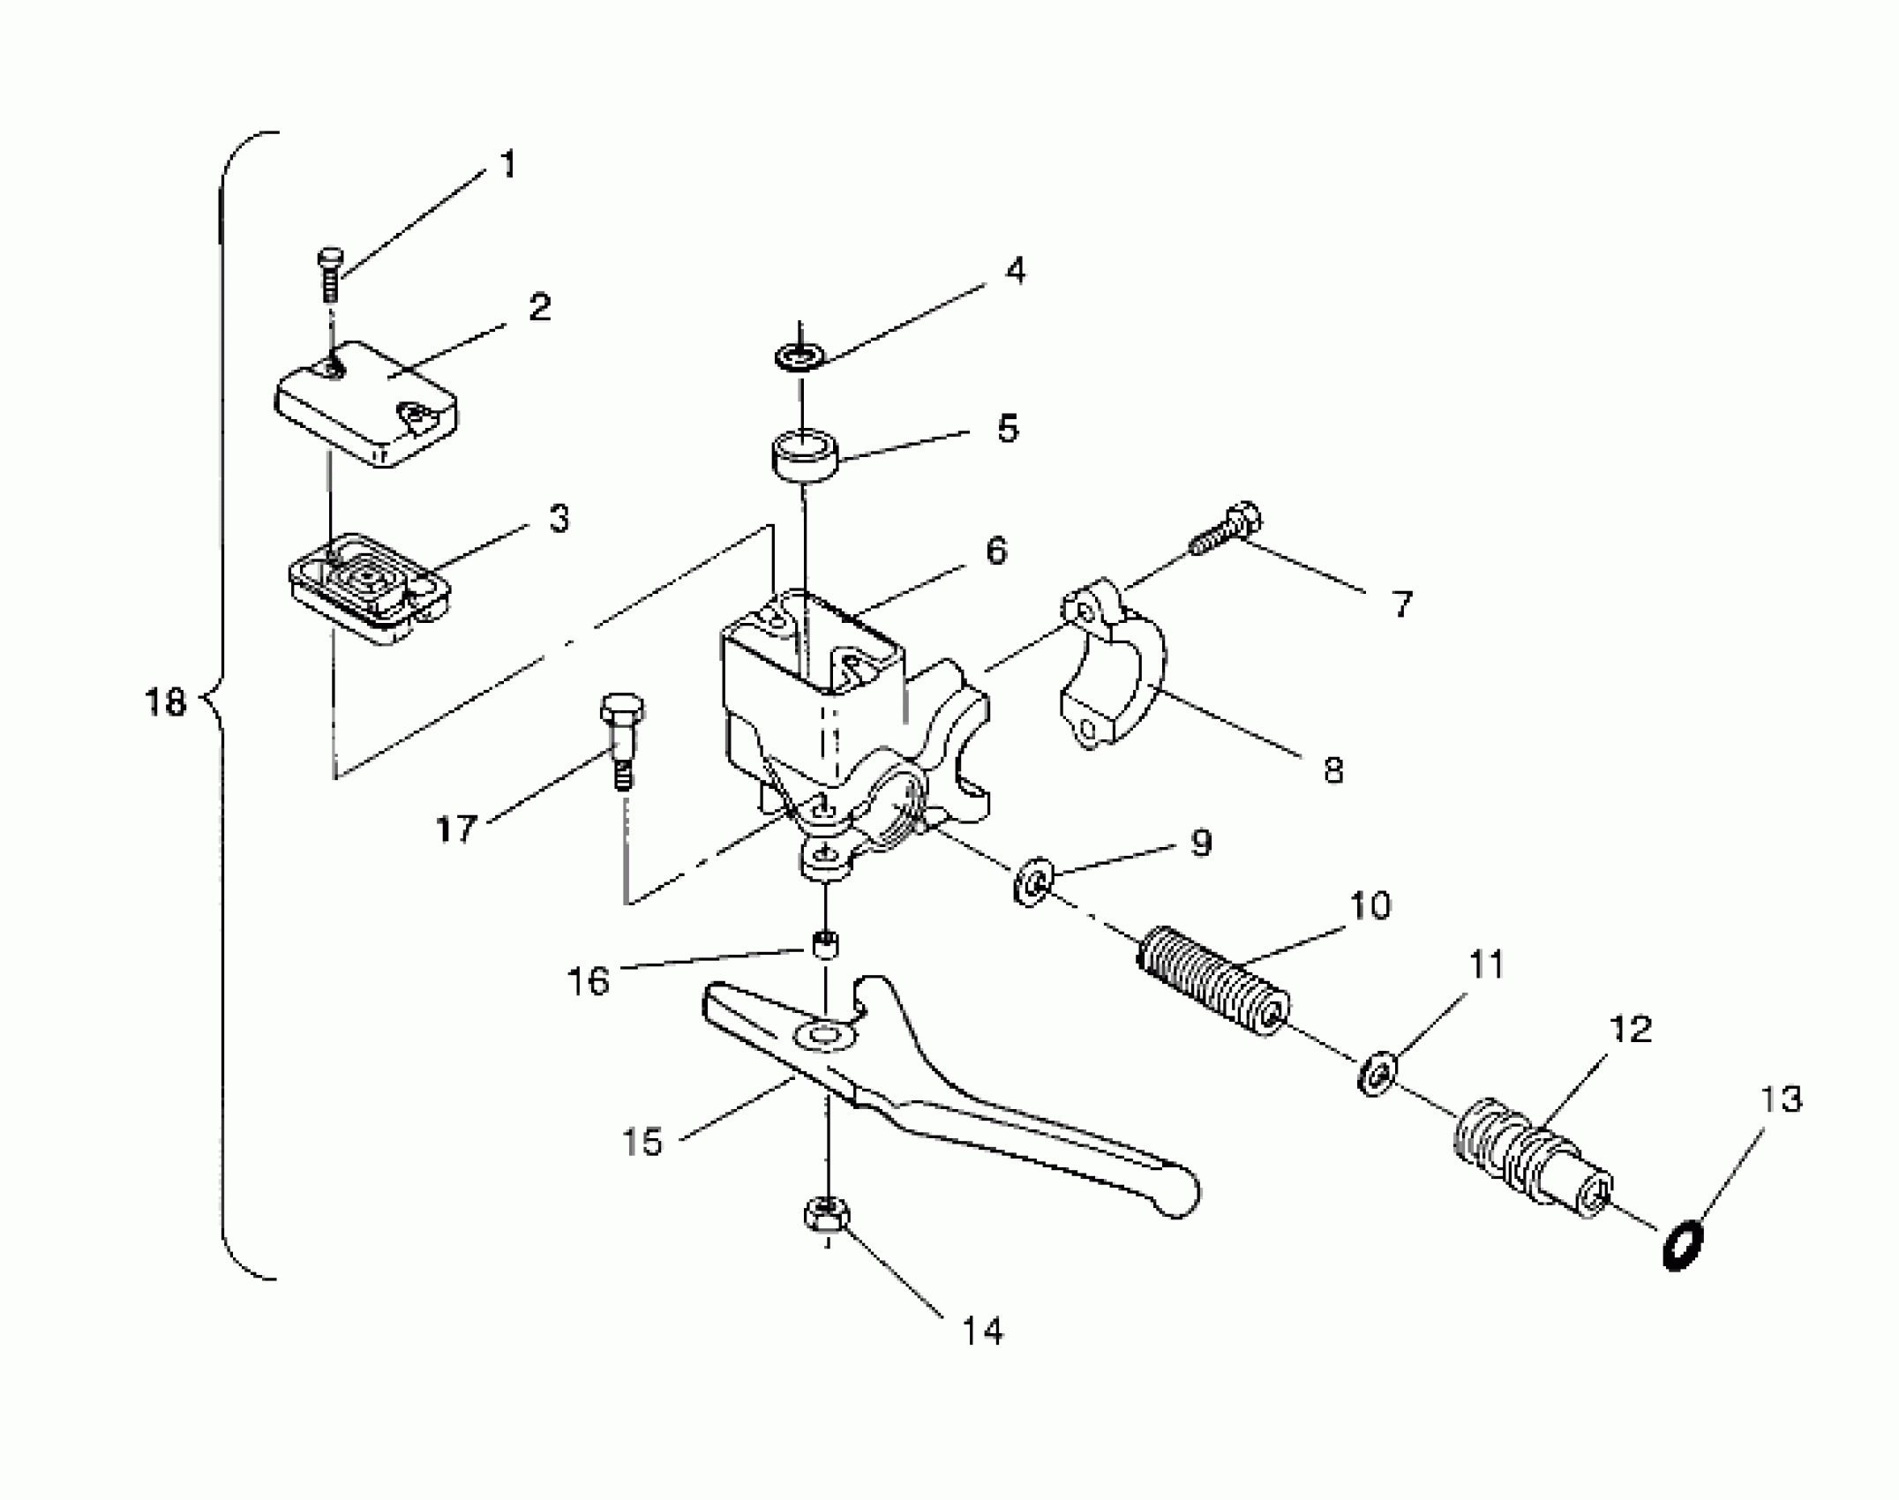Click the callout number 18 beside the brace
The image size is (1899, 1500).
tap(165, 702)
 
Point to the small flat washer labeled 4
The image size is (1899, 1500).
tap(799, 357)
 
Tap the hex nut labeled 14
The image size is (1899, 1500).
tap(826, 1216)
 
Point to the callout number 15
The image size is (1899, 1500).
tap(642, 1142)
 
